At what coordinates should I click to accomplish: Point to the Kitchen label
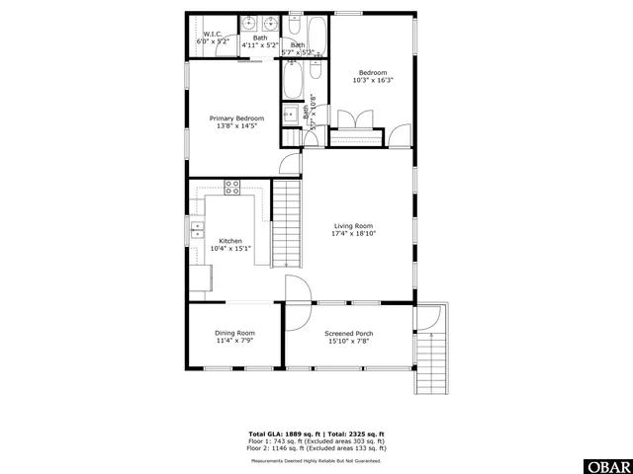(x=230, y=241)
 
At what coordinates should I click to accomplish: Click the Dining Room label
(x=234, y=333)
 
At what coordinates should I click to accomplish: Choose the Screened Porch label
(x=348, y=334)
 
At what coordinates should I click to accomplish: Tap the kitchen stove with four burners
(x=232, y=186)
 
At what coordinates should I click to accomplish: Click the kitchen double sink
(x=196, y=233)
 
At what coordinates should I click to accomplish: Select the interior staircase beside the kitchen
(x=286, y=224)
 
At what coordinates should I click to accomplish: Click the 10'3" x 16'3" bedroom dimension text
(x=372, y=80)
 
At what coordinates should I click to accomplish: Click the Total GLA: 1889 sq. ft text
(x=281, y=434)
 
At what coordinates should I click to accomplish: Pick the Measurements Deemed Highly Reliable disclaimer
(x=316, y=460)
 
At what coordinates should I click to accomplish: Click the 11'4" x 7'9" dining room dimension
(x=234, y=341)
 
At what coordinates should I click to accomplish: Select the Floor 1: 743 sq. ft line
(x=316, y=440)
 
